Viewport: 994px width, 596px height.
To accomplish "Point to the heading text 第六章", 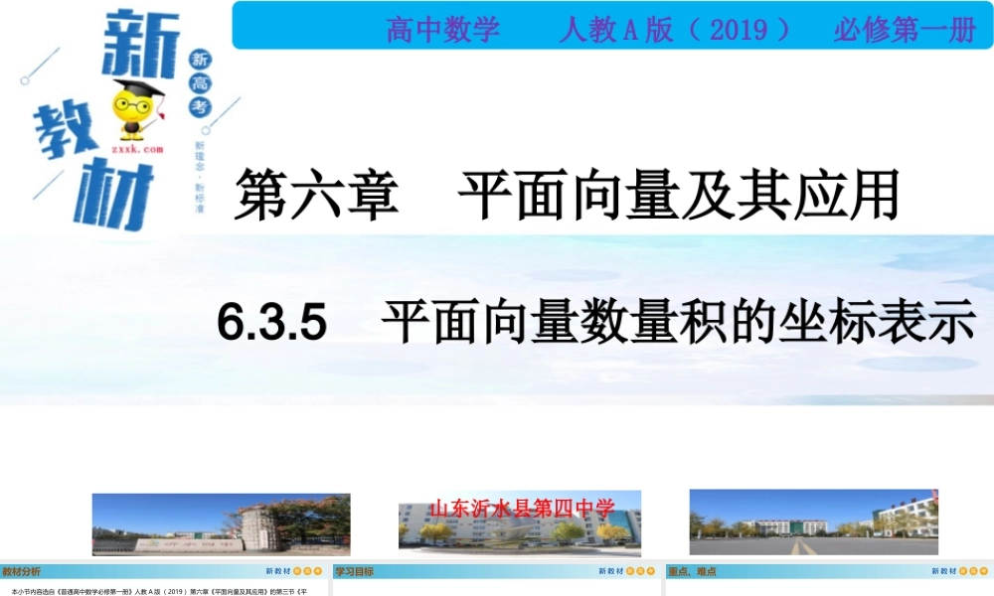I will (x=317, y=194).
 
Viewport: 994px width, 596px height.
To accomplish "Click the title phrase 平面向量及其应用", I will (x=678, y=194).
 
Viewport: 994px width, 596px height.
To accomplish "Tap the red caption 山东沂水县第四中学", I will (x=522, y=510).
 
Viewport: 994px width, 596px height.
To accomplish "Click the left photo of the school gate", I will (x=221, y=523).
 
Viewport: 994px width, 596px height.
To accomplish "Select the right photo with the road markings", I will (x=813, y=521).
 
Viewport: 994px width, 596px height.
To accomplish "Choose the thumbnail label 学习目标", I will (x=354, y=571).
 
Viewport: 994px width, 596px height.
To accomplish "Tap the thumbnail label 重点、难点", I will (x=693, y=571).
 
